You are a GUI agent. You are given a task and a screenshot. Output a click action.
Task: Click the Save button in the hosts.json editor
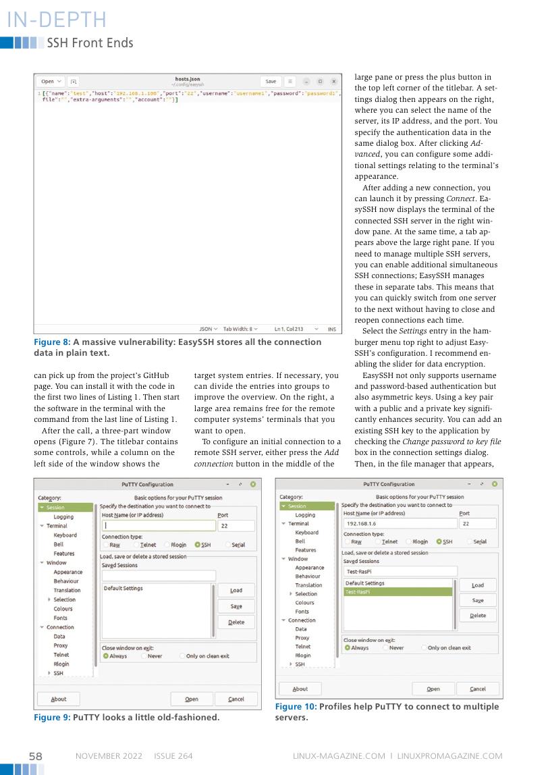point(271,81)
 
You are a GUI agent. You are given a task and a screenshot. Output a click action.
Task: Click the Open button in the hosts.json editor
point(51,81)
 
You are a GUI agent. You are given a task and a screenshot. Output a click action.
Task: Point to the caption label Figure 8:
point(51,342)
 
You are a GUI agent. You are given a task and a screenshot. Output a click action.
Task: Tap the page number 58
point(35,756)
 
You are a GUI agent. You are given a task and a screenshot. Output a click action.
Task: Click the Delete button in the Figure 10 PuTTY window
point(477,615)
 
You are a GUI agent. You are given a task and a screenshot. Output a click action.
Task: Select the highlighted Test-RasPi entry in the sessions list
point(398,591)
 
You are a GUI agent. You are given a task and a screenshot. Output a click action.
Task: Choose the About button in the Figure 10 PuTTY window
point(300,689)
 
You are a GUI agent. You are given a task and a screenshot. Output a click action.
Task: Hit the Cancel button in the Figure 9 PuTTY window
point(236,699)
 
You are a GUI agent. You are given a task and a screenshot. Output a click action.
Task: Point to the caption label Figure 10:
point(296,707)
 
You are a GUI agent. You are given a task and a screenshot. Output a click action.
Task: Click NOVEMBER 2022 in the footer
point(109,756)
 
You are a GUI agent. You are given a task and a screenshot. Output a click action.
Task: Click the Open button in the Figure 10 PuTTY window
point(433,689)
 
